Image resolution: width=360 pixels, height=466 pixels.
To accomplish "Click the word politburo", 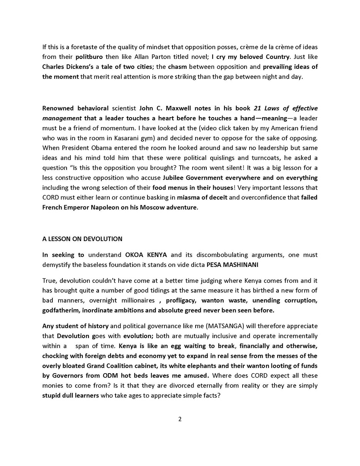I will [x=89, y=57].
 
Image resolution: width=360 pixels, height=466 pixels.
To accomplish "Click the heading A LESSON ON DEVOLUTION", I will [x=82, y=239].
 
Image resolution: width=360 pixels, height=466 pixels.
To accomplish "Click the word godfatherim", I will [x=60, y=310].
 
